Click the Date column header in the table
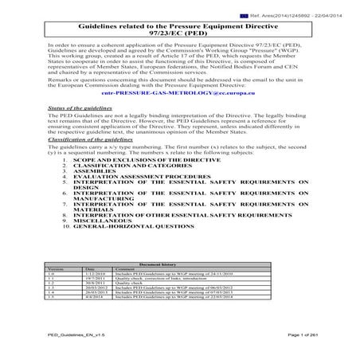click(x=91, y=268)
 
